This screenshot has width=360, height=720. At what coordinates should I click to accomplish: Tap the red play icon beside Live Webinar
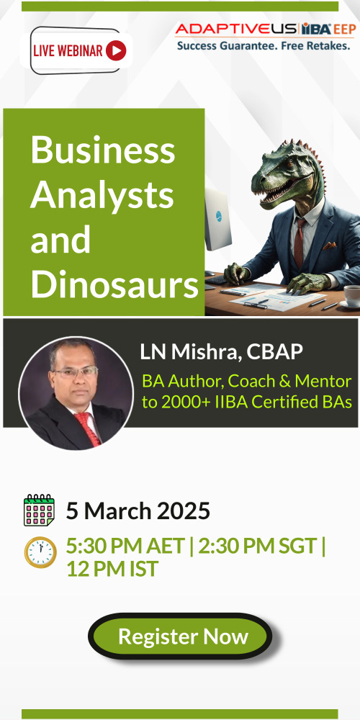(x=116, y=50)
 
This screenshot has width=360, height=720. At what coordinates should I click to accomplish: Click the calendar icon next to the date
(x=39, y=510)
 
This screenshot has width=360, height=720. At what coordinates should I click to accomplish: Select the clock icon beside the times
(x=40, y=552)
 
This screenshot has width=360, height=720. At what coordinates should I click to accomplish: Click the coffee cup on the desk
(x=352, y=296)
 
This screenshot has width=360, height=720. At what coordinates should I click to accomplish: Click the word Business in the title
(x=102, y=150)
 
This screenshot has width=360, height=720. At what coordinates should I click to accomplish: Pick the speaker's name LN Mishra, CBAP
(x=221, y=352)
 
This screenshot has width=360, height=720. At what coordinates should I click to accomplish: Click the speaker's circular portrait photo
(x=76, y=394)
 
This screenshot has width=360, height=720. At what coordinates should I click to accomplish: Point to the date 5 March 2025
(x=138, y=510)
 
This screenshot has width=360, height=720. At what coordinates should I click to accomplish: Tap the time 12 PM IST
(x=112, y=570)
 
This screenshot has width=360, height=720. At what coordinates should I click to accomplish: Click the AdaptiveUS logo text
(x=236, y=30)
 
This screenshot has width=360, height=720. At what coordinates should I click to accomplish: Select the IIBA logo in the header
(x=317, y=30)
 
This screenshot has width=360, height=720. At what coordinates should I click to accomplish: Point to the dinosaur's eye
(x=289, y=163)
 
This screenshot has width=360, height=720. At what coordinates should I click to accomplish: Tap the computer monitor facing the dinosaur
(x=217, y=219)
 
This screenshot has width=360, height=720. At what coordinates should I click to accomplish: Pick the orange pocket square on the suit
(x=329, y=246)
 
